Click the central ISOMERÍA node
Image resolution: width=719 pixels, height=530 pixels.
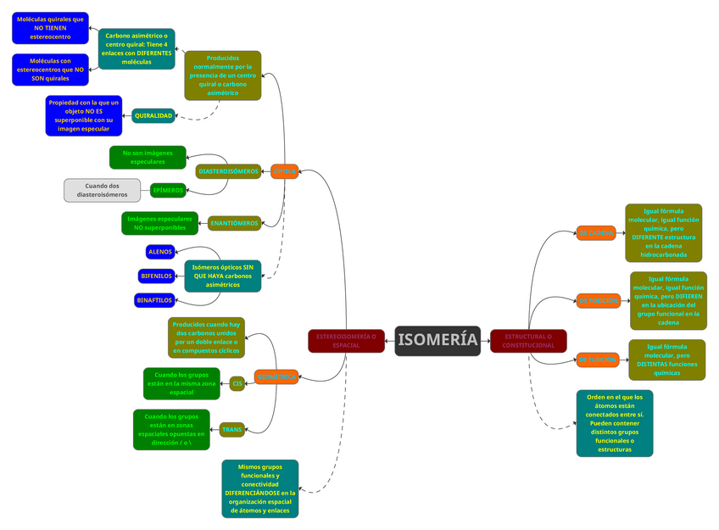click(x=438, y=340)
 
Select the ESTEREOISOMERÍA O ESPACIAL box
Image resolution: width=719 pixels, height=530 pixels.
click(x=346, y=340)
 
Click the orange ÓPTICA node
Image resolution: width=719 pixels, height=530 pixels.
click(x=285, y=171)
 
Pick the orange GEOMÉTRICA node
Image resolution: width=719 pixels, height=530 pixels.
click(x=276, y=376)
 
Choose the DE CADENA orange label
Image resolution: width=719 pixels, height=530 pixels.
click(x=597, y=232)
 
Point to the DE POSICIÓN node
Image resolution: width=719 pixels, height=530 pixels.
click(x=599, y=300)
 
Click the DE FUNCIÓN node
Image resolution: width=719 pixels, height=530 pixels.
click(x=598, y=360)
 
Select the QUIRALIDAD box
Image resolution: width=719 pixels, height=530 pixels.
click(x=153, y=115)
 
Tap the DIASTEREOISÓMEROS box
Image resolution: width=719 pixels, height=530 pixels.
click(x=228, y=171)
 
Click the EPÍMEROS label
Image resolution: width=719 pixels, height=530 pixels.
click(x=167, y=190)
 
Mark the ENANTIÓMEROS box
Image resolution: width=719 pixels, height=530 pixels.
click(x=234, y=223)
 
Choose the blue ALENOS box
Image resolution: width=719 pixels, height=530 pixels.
click(x=160, y=252)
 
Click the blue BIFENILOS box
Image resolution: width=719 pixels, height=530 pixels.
click(x=156, y=276)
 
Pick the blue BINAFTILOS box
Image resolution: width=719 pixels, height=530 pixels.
click(x=154, y=299)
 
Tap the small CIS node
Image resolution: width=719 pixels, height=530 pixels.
click(x=237, y=383)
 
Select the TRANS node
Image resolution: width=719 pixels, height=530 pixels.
click(x=232, y=430)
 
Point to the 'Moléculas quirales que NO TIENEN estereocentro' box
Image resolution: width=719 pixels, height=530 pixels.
click(x=50, y=28)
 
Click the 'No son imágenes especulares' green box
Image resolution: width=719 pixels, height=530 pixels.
click(x=148, y=157)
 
